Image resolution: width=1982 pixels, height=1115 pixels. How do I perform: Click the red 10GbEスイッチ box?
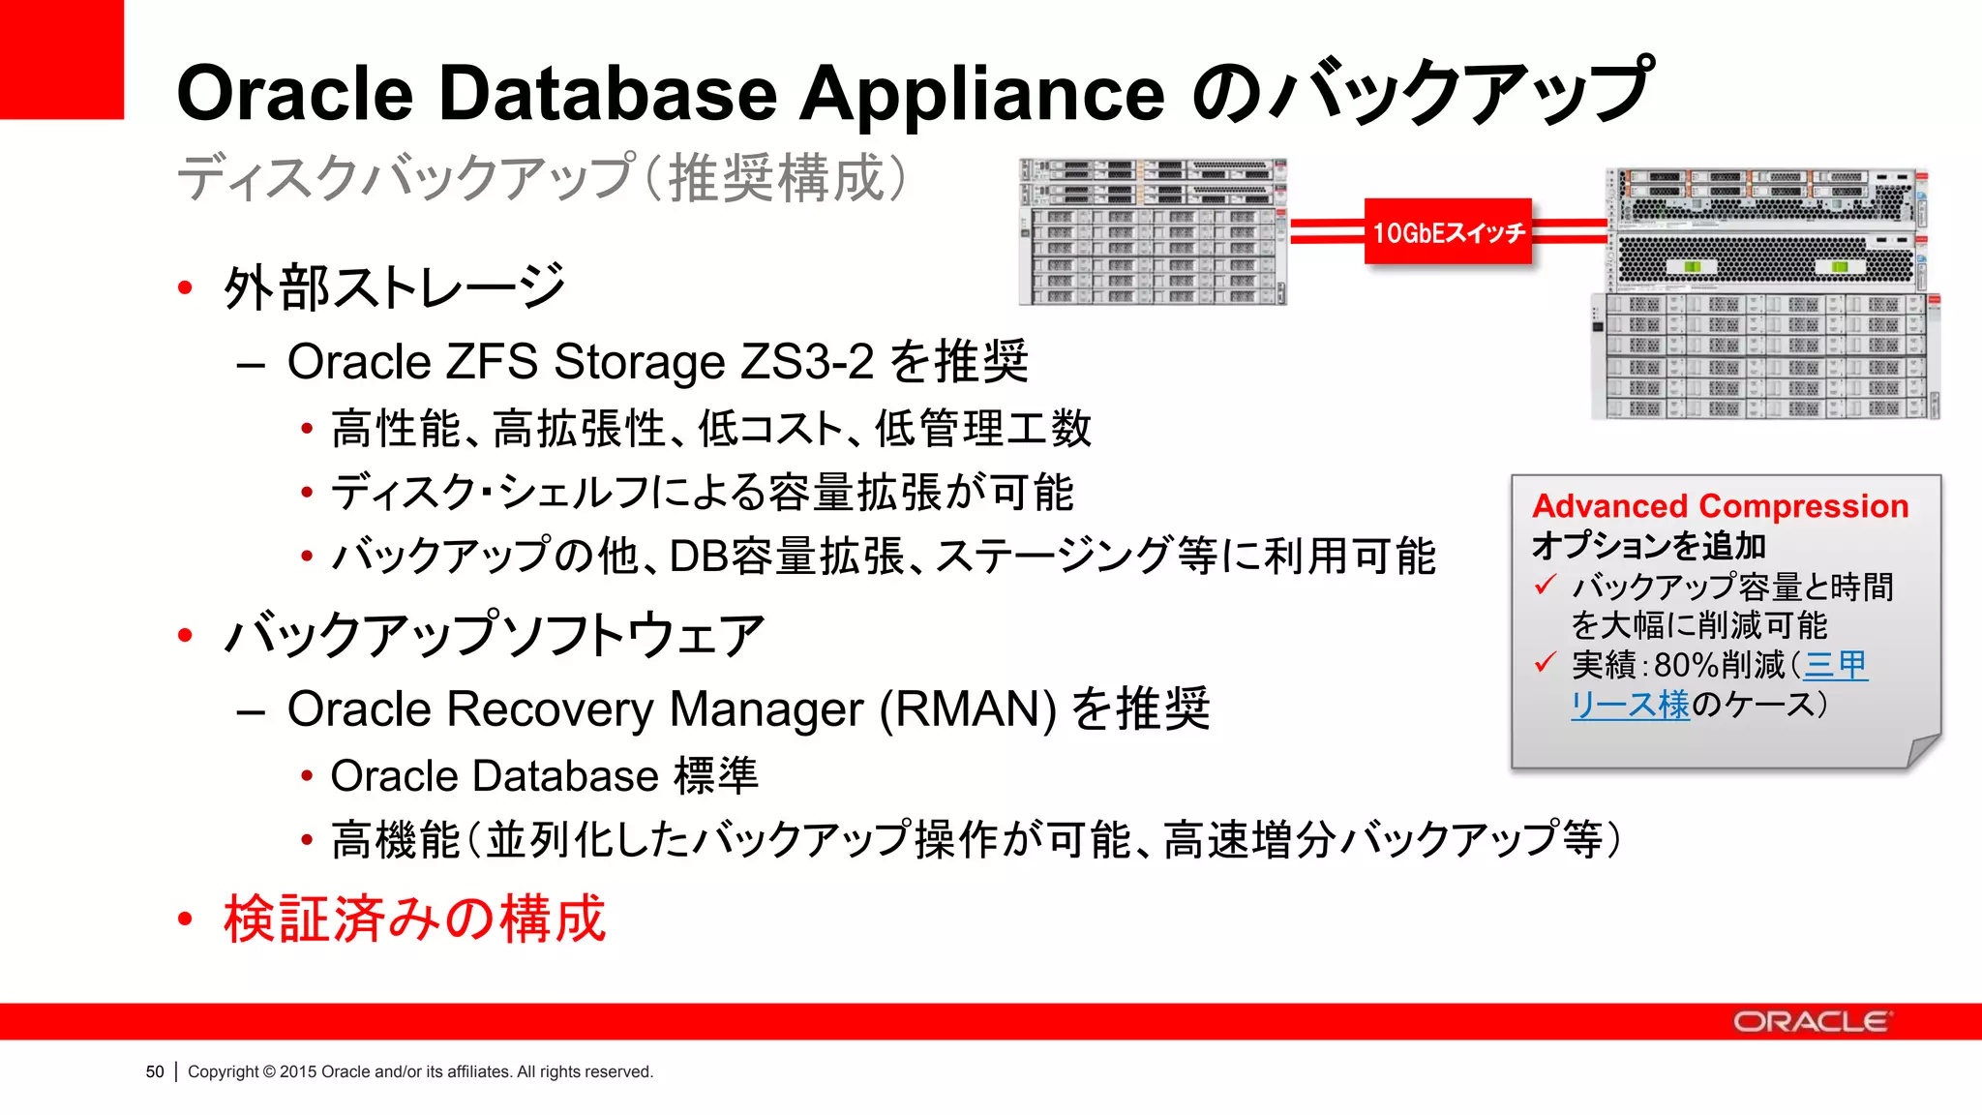point(1447,231)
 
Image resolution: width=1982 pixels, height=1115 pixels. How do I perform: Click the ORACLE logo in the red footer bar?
point(1811,1022)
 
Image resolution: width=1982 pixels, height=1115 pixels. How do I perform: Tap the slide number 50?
point(155,1071)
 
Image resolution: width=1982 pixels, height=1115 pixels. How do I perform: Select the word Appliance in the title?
point(981,94)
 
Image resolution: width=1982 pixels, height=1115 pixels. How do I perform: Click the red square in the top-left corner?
point(61,59)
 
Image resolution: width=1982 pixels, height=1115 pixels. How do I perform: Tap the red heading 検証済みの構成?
point(414,919)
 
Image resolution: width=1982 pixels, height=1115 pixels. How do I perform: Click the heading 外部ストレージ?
point(394,287)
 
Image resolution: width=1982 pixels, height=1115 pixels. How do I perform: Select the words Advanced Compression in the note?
point(1720,506)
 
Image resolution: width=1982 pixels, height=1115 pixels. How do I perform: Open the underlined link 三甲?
point(1835,665)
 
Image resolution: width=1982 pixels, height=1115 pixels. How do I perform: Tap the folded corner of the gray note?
point(1922,751)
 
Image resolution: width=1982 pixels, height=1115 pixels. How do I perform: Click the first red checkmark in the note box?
point(1546,585)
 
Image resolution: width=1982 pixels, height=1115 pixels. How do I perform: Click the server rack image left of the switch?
point(1153,231)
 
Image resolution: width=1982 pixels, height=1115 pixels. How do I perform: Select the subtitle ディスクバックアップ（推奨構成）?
point(542,178)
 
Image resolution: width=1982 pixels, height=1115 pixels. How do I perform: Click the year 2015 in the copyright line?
point(298,1071)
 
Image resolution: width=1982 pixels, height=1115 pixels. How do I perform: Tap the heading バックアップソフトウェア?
point(494,636)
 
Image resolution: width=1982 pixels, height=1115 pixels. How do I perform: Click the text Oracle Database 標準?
point(544,776)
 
